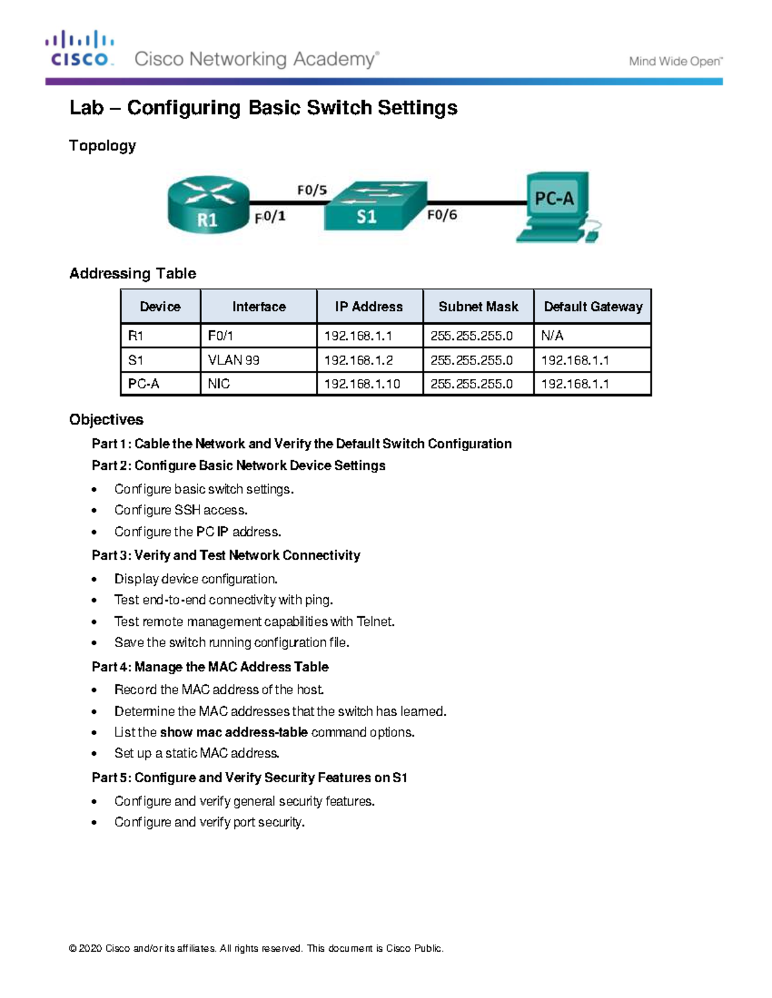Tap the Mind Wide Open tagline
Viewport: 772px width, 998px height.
(x=675, y=62)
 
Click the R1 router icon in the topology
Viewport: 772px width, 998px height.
(x=208, y=204)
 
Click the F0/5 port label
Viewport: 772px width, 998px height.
(x=312, y=190)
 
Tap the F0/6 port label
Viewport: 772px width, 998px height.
(x=442, y=215)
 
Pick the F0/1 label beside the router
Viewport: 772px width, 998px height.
(x=270, y=218)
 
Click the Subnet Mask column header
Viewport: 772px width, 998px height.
(x=478, y=307)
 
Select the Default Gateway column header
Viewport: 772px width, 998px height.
(x=593, y=307)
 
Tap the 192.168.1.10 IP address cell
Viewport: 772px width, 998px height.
(x=362, y=384)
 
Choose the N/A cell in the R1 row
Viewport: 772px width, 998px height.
(x=552, y=335)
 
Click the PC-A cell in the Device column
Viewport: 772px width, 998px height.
(x=143, y=384)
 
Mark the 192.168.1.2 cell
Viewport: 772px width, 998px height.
(x=358, y=360)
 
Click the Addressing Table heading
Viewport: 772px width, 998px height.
(x=133, y=274)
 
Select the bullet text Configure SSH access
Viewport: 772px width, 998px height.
(x=181, y=510)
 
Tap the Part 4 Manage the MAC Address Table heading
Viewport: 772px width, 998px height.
(x=210, y=667)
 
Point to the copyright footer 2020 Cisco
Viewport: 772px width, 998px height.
(x=256, y=949)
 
